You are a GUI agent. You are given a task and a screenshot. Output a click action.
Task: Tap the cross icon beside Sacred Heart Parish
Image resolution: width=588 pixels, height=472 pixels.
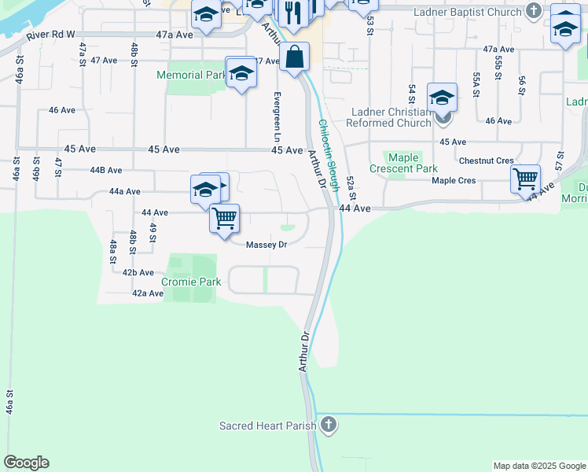point(329,426)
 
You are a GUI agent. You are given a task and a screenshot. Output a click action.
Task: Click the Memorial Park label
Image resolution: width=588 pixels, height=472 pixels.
point(191,76)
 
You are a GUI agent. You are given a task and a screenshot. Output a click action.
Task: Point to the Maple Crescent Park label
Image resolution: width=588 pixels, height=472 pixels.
point(404,164)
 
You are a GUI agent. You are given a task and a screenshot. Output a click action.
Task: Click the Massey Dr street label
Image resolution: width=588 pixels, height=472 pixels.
point(266,245)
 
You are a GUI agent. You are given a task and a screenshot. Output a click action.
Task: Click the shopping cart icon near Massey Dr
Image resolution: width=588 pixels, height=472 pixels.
point(225,217)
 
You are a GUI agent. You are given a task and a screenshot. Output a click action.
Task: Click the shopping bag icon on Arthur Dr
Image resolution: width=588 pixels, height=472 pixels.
point(294,57)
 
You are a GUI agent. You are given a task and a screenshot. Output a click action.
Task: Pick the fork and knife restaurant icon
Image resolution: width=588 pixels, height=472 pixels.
point(293,13)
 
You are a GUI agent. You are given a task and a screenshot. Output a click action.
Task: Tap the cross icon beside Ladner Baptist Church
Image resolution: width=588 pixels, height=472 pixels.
point(535,11)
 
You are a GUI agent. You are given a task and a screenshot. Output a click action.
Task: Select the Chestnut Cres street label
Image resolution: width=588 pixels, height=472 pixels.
point(486,160)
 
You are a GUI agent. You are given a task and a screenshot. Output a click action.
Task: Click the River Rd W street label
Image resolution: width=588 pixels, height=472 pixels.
point(50,35)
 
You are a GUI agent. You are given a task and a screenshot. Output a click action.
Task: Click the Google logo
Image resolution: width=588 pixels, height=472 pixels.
point(26,463)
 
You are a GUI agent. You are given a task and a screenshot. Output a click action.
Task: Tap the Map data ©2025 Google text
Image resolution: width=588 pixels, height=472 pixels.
point(539,466)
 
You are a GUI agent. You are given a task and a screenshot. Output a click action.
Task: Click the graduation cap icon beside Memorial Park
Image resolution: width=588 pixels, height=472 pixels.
point(241,73)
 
